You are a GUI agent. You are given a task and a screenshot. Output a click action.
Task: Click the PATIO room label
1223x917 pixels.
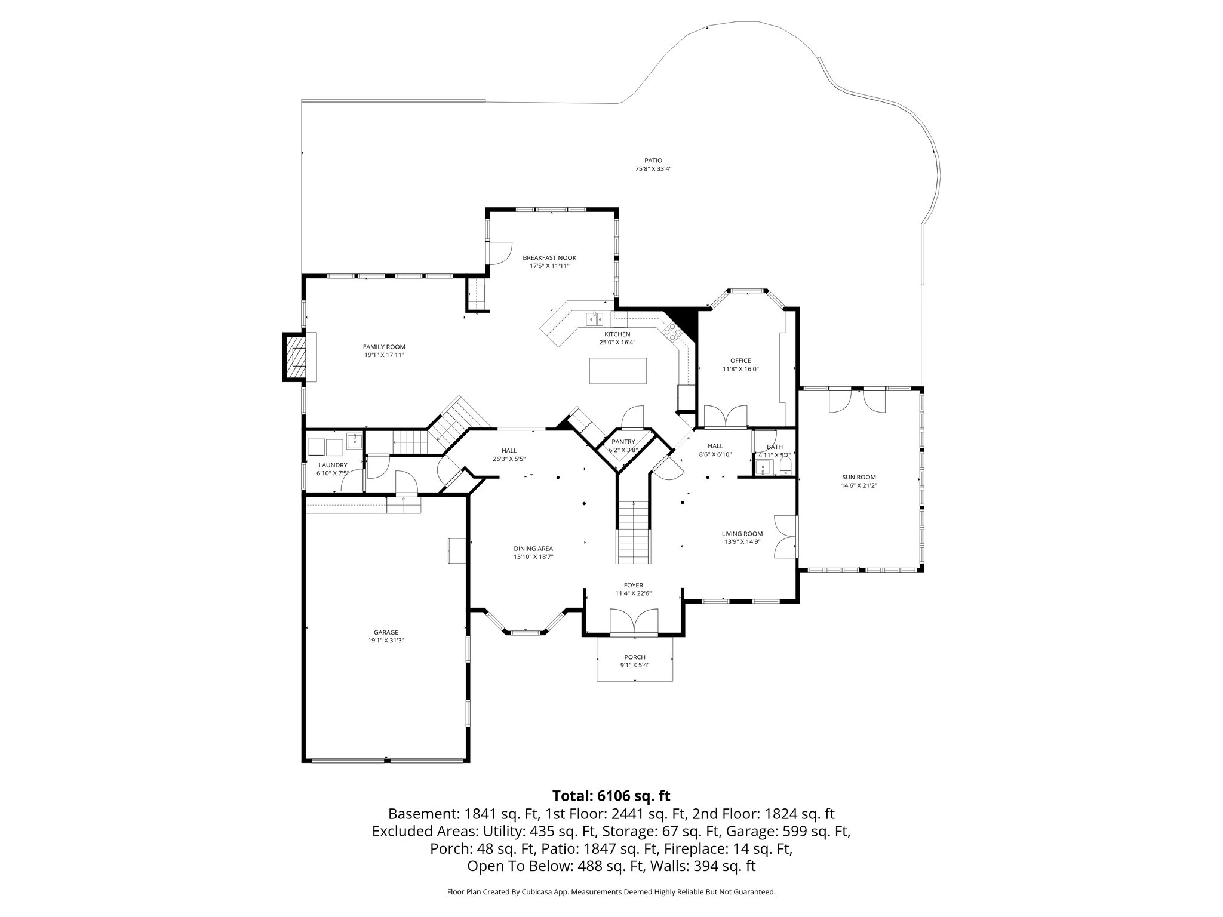[x=653, y=161]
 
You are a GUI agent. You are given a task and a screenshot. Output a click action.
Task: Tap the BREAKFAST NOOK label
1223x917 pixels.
[x=549, y=258]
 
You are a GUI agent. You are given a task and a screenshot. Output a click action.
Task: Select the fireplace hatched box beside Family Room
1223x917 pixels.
[x=295, y=357]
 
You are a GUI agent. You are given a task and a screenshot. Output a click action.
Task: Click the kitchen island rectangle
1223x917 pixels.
[x=617, y=371]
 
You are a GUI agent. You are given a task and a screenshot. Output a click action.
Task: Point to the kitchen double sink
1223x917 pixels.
[x=595, y=319]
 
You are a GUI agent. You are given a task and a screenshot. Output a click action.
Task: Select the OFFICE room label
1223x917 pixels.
[x=740, y=361]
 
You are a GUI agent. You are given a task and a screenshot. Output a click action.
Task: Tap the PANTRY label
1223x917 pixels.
[x=623, y=442]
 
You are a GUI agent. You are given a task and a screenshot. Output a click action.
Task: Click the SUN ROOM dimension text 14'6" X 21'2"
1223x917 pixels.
[x=859, y=485]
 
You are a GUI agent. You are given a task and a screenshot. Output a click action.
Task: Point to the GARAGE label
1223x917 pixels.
[x=386, y=632]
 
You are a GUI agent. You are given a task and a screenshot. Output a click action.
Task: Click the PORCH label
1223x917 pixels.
[x=635, y=657]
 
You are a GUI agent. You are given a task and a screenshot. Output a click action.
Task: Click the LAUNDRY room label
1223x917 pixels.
[x=333, y=465]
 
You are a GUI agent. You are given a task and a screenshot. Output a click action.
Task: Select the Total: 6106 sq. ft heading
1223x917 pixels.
[x=611, y=796]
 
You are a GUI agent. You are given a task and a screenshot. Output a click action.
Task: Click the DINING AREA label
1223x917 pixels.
[x=533, y=549]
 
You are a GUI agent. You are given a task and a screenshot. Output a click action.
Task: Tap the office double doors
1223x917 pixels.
[x=726, y=416]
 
